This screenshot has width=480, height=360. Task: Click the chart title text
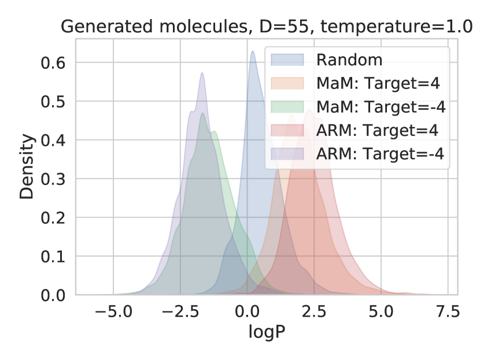[x=267, y=27]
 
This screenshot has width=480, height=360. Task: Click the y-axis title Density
[x=27, y=166]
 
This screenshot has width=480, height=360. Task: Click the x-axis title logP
[x=267, y=332]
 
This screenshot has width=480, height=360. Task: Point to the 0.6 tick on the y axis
[x=53, y=63]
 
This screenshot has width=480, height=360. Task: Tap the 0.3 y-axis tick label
[x=53, y=179]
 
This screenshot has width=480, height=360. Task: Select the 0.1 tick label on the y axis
[x=53, y=257]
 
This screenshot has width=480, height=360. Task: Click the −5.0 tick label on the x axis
[x=113, y=311]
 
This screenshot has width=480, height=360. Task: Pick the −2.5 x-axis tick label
[x=180, y=311]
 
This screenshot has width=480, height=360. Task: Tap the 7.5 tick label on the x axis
[x=448, y=311]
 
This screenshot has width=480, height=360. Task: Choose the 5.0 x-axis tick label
[x=381, y=311]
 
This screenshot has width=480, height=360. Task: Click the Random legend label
[x=349, y=60]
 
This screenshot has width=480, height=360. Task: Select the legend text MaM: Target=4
[x=378, y=83]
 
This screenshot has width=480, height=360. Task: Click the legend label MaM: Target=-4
[x=381, y=107]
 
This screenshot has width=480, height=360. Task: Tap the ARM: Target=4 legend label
[x=378, y=130]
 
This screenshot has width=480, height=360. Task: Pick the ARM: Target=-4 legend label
[x=380, y=154]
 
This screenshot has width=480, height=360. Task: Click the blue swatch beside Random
[x=287, y=60]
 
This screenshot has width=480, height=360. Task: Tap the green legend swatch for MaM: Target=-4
[x=287, y=107]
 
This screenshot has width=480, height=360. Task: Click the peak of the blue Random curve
[x=253, y=51]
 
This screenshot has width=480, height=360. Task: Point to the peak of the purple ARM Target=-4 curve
[x=202, y=73]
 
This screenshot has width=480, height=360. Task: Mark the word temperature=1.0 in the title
[x=396, y=27]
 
